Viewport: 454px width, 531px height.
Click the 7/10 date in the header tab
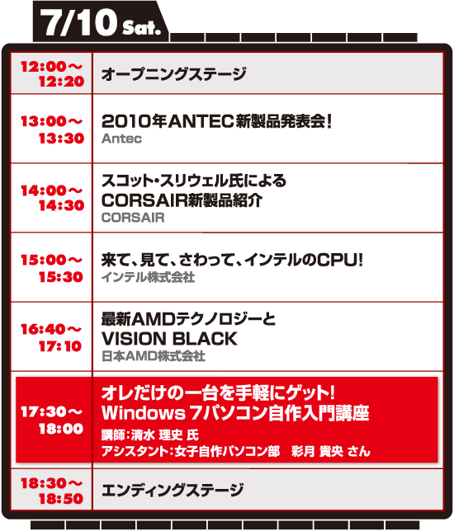click(x=78, y=22)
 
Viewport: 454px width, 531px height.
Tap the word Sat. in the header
click(x=141, y=28)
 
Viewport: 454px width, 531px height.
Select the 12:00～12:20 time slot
click(x=52, y=74)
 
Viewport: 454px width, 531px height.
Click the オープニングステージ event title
click(x=174, y=74)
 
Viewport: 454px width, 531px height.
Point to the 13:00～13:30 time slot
click(x=52, y=129)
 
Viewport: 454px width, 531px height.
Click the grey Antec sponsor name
click(x=121, y=139)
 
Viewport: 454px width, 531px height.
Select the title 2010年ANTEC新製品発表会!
click(x=216, y=121)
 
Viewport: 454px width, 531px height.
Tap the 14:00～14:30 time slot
click(x=52, y=198)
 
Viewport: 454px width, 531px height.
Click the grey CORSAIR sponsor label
click(x=133, y=218)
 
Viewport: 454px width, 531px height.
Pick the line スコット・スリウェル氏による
click(x=194, y=181)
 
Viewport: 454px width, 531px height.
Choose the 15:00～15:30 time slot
click(x=52, y=268)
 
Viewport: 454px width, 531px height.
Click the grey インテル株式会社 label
click(x=148, y=277)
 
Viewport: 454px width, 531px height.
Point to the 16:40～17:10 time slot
click(x=51, y=337)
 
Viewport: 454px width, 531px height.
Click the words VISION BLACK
click(x=169, y=339)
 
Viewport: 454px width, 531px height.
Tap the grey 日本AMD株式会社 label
click(x=154, y=356)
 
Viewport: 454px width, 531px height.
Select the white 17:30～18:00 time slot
click(x=52, y=421)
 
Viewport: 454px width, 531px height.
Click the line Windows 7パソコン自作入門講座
click(x=235, y=413)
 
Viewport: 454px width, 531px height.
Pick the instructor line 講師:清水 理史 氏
click(x=150, y=435)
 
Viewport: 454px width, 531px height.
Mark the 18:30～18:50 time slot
click(x=52, y=491)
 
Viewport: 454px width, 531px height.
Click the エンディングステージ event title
click(x=173, y=490)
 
